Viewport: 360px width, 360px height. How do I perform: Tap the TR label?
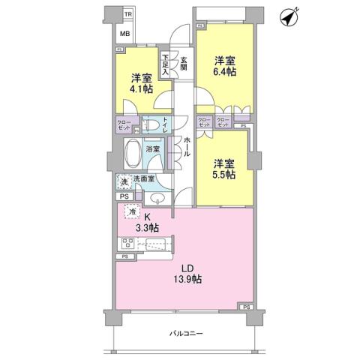[x=127, y=14]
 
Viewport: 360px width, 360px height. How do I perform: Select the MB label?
[x=125, y=34]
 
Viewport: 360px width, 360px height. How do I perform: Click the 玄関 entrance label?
[x=183, y=64]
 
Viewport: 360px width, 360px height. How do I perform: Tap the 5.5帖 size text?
[x=224, y=174]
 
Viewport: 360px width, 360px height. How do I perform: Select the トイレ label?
[x=166, y=125]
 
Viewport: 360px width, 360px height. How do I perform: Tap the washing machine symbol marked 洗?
[x=123, y=181]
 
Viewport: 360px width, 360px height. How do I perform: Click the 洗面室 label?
[x=144, y=179]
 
